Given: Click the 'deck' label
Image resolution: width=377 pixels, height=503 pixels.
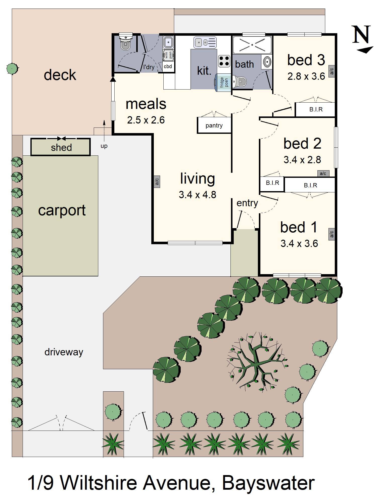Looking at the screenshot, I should point(60,75).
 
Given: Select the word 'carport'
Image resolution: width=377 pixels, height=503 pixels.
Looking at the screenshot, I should point(62,210).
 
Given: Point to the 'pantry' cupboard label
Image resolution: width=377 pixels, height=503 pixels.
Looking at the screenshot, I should point(214,125).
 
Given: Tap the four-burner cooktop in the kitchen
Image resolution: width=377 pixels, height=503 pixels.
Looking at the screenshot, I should point(224,61).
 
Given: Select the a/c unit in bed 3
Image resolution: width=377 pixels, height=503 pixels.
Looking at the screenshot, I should point(332,71).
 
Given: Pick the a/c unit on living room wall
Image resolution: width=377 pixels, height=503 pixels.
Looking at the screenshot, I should point(157,181).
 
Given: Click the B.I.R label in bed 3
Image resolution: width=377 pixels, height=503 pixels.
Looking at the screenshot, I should point(316,109).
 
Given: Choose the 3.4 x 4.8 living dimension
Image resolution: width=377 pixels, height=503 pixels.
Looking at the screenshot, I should point(197,195).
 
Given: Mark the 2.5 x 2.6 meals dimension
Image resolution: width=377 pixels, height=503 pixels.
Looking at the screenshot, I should point(146,120).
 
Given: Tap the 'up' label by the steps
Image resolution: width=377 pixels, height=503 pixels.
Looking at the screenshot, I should point(104,146).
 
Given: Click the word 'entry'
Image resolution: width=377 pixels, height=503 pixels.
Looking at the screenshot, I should point(247,203).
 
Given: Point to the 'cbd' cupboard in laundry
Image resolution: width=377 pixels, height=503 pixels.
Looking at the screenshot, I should point(168,66).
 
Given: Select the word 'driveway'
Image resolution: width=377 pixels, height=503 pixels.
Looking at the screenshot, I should point(64,352).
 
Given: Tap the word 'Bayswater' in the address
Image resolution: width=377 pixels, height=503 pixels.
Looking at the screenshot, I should point(268,483).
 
